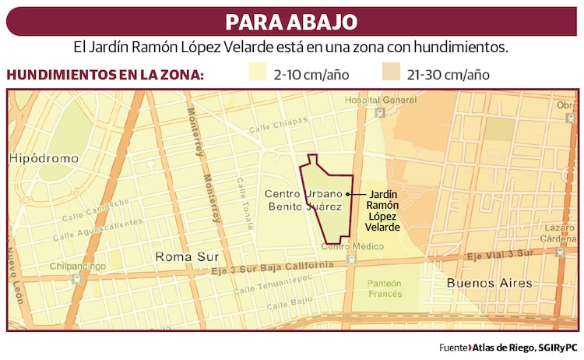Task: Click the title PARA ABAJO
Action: click(291, 21)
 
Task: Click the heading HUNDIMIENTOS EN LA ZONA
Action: click(106, 75)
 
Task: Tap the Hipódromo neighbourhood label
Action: click(44, 158)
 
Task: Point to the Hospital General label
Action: click(381, 100)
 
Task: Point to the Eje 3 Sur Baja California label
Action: click(277, 267)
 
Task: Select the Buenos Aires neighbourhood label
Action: click(484, 284)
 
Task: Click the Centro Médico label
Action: click(353, 247)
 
